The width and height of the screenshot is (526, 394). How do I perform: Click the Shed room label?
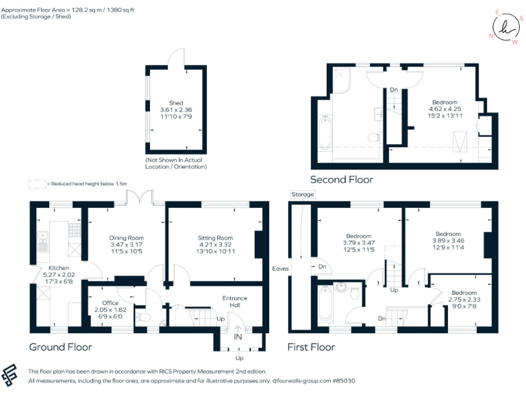tap(176, 103)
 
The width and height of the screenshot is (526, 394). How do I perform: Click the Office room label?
tap(110, 302)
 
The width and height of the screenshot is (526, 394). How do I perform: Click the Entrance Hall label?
tap(235, 302)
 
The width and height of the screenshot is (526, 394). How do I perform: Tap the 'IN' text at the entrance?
tap(238, 337)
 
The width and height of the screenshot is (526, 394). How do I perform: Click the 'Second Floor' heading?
tap(342, 179)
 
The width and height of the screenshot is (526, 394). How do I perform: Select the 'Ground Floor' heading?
tap(60, 347)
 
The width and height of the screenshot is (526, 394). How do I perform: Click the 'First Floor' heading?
tap(312, 347)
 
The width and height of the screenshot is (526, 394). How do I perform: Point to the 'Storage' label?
tap(303, 194)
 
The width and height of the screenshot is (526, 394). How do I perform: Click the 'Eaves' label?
tap(280, 268)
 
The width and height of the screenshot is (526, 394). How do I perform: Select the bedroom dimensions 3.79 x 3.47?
tap(358, 243)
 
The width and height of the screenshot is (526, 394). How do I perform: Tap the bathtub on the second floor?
tap(325, 132)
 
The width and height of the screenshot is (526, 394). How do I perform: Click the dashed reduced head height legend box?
tap(36, 183)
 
